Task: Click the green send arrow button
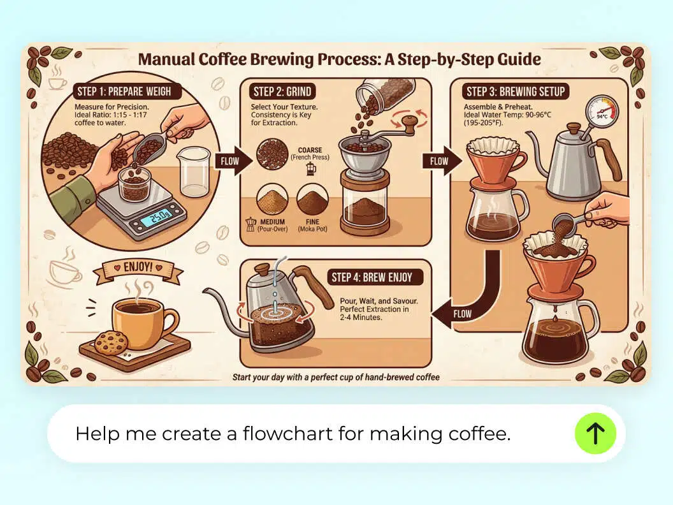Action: click(595, 434)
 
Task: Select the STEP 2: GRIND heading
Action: click(282, 91)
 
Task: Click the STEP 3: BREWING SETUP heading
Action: click(516, 91)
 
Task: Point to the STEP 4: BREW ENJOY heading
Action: click(372, 277)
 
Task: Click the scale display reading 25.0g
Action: click(155, 221)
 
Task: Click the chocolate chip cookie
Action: click(111, 342)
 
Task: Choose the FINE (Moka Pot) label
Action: click(313, 225)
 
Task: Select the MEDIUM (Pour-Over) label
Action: click(273, 225)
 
